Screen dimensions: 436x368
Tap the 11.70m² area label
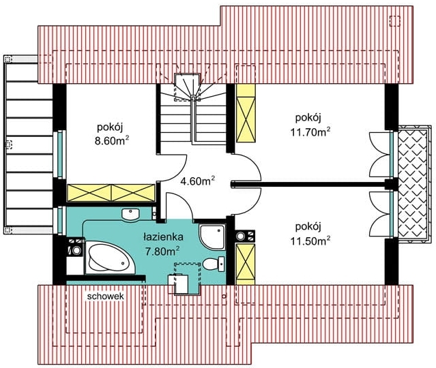[x=310, y=132]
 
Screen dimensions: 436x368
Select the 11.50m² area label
[x=310, y=241]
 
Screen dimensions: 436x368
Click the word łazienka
[x=163, y=237]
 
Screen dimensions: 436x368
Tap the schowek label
[x=105, y=296]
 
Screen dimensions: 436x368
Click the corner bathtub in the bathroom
[x=110, y=258]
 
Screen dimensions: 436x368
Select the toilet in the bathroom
[x=214, y=264]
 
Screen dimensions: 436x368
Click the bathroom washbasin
[x=130, y=214]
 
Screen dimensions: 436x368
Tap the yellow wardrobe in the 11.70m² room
[x=246, y=113]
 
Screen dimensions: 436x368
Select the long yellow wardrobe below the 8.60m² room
[x=111, y=192]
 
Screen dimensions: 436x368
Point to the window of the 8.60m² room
[x=59, y=154]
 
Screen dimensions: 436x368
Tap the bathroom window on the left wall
[x=60, y=220]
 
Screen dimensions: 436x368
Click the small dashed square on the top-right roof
[x=395, y=21]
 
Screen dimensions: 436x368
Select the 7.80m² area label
[x=162, y=251]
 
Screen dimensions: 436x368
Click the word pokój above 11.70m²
[x=308, y=118]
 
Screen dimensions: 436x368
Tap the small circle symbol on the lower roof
[x=224, y=296]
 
